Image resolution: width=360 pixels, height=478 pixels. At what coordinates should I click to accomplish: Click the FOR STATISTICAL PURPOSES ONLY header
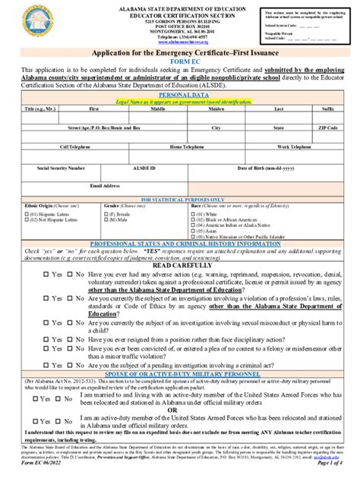(179, 199)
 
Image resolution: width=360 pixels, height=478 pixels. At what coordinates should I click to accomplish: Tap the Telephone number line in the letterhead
(179, 36)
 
